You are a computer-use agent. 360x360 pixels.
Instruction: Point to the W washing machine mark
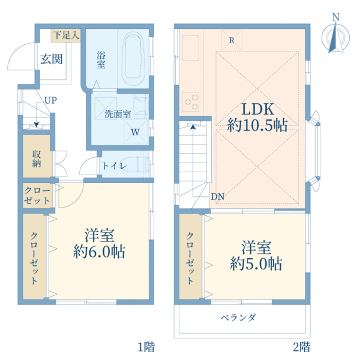(136, 131)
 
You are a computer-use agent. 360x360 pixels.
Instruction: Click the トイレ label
(114, 166)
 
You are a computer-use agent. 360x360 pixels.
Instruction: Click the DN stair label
(218, 196)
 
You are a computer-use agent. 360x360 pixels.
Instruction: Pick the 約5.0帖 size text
(257, 263)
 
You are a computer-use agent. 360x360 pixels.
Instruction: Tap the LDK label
(257, 109)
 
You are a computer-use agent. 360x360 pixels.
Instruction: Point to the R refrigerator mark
(232, 41)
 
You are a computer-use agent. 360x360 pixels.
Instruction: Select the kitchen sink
(191, 46)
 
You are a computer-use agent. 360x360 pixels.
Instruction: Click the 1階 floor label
(146, 346)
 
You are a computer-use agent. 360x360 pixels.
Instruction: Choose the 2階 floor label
(301, 346)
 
